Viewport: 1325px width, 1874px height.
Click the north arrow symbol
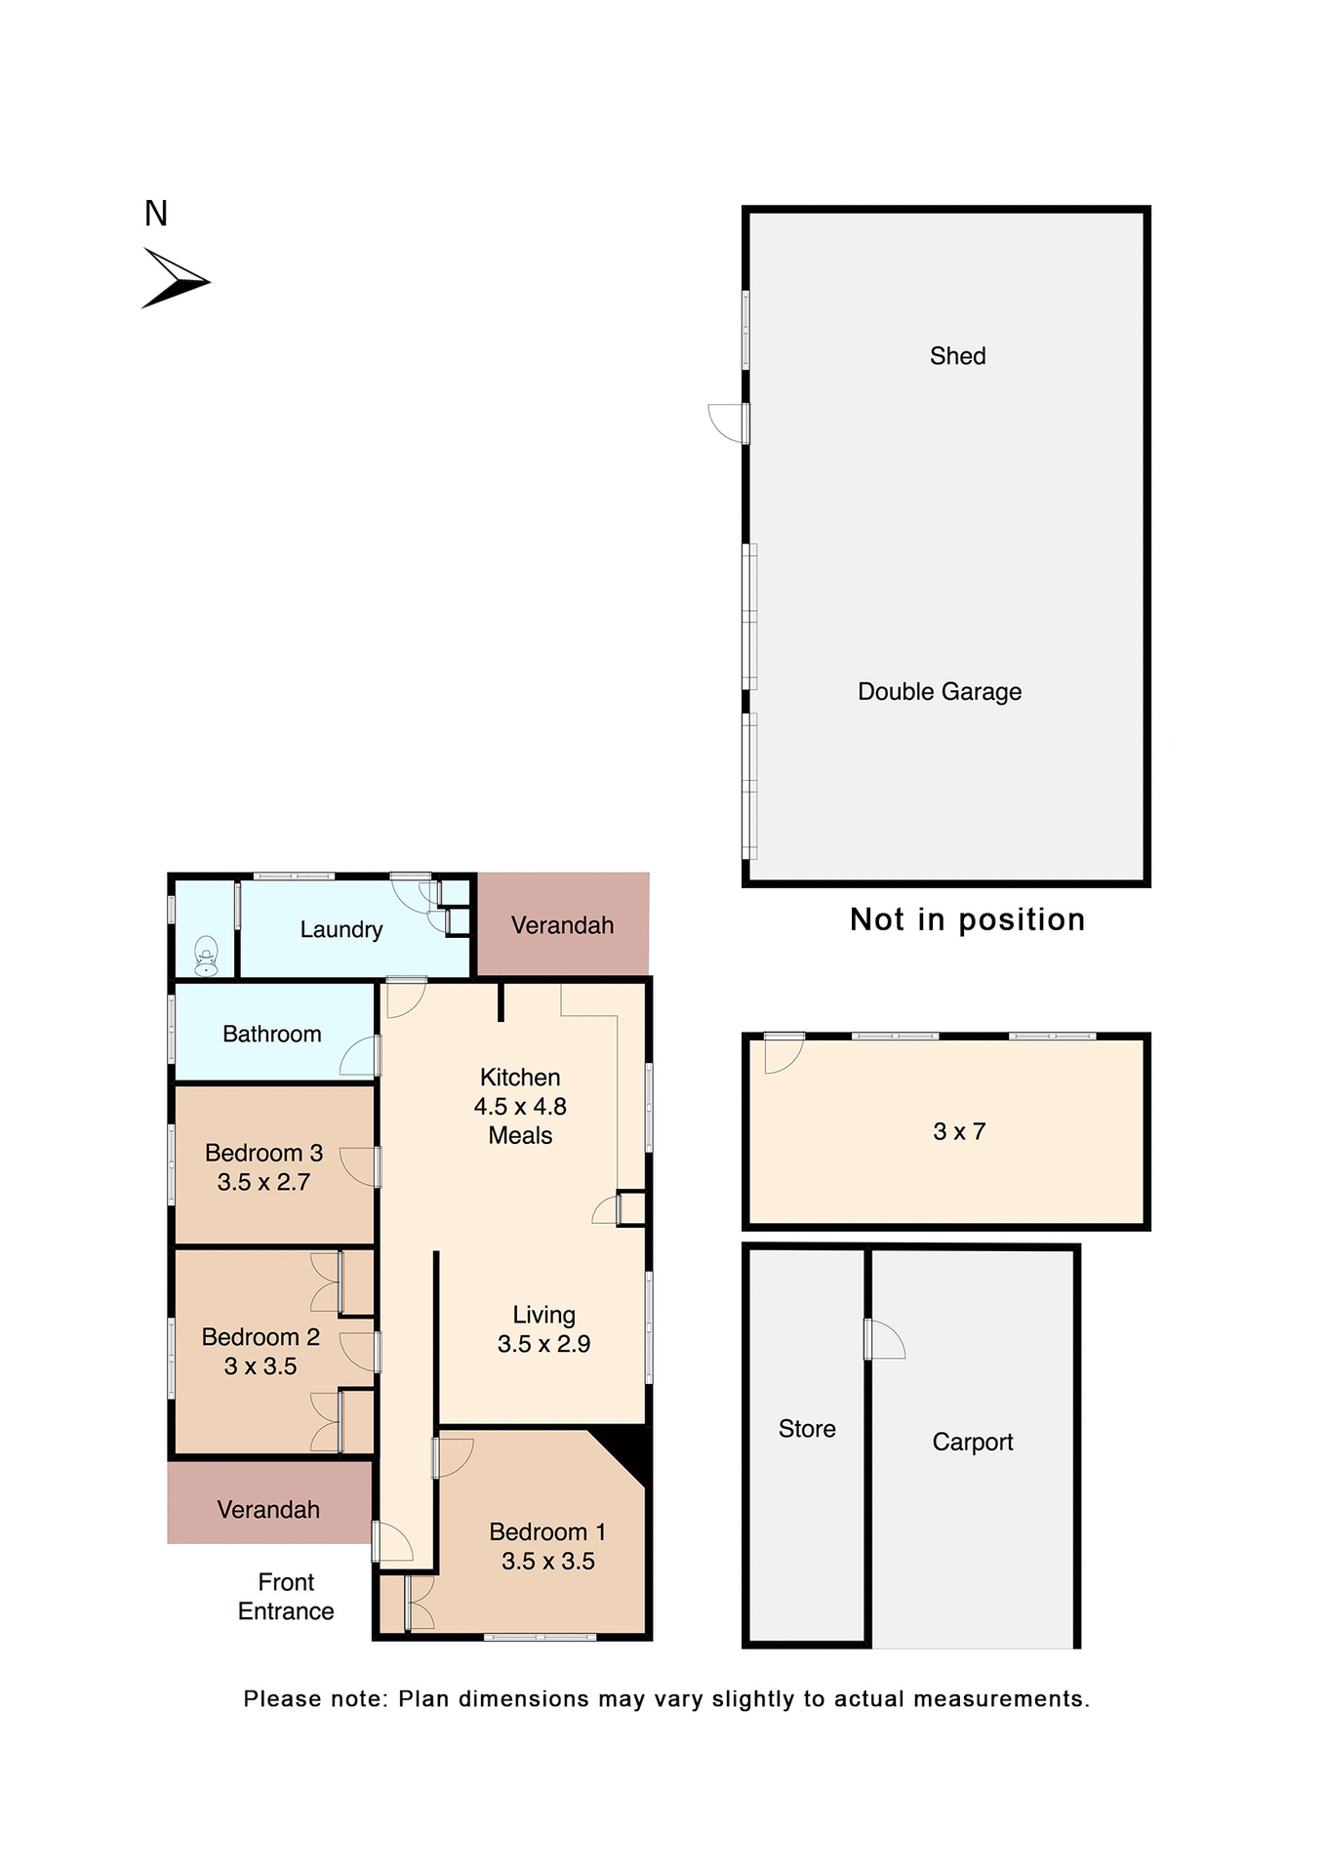click(175, 279)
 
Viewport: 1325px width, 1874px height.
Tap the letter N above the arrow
click(156, 214)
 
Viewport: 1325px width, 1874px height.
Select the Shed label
click(957, 356)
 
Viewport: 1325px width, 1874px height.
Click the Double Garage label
click(939, 692)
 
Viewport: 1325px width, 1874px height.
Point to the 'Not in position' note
click(967, 919)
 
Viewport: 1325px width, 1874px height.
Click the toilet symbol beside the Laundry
click(206, 956)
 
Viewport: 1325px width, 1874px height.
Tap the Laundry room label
click(341, 929)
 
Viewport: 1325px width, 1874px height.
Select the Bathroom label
click(271, 1034)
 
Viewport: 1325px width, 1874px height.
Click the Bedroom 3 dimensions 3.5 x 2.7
click(263, 1182)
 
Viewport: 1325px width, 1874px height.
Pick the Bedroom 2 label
click(261, 1337)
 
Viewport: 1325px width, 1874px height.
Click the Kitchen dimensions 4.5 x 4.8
click(520, 1107)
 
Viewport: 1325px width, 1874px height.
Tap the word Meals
click(520, 1136)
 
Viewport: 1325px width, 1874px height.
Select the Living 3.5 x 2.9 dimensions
click(543, 1344)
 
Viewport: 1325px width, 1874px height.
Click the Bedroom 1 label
click(547, 1531)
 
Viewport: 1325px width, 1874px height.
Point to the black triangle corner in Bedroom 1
click(627, 1448)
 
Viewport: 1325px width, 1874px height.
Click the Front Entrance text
click(286, 1596)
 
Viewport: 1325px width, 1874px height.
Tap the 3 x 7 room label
click(959, 1131)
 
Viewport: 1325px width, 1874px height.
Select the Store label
click(807, 1429)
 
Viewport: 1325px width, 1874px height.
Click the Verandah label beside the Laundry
click(562, 925)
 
